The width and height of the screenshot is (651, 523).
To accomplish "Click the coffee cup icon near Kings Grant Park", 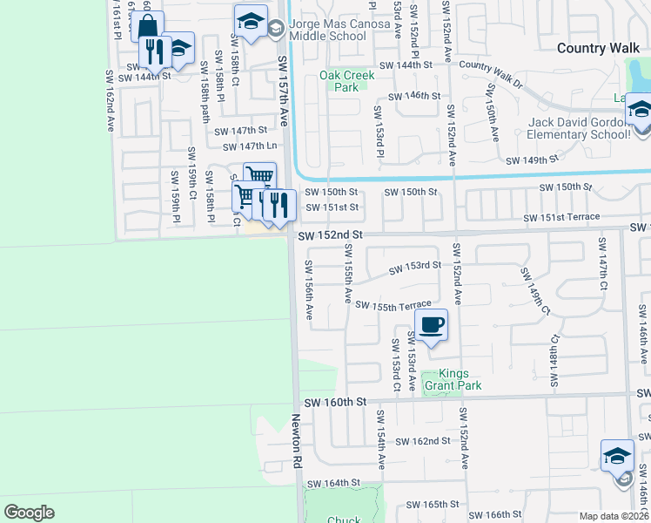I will pos(432,325).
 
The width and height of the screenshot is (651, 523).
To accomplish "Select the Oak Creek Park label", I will pos(346,81).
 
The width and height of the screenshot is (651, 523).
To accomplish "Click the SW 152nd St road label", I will pos(330,235).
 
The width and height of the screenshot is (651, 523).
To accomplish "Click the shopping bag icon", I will pos(148,26).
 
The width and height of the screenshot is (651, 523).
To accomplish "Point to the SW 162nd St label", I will pos(423,441).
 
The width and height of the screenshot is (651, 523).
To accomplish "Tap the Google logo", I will pos(29,513).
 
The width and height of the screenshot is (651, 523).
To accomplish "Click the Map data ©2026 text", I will pos(614,516).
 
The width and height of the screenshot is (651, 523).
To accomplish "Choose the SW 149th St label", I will pos(534,160).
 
